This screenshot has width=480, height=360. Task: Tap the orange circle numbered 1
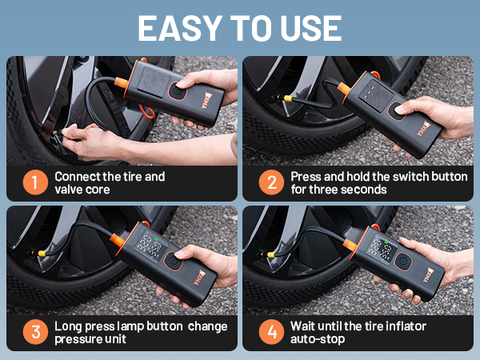34,182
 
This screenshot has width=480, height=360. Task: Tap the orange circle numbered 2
271,182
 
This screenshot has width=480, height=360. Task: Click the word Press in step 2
306,176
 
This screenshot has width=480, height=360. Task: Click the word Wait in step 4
304,326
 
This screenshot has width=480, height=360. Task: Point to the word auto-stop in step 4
319,340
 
